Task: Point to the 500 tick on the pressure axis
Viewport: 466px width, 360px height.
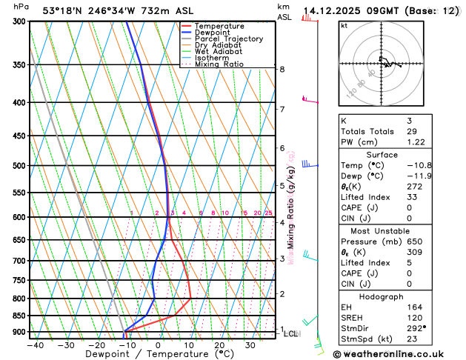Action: coord(19,165)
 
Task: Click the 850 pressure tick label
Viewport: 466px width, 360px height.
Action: coord(19,316)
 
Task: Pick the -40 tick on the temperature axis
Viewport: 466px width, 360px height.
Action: coord(34,344)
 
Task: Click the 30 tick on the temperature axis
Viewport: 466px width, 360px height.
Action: coord(250,344)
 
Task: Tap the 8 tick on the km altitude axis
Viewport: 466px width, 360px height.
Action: coord(282,69)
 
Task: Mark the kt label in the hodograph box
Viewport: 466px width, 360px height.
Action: coord(344,25)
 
